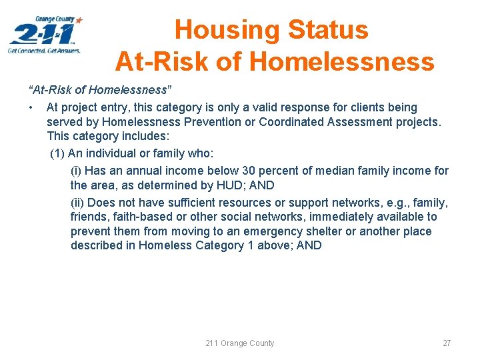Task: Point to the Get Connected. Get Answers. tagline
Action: pos(44,50)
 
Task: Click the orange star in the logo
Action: pos(79,20)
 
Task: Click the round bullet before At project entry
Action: pos(31,108)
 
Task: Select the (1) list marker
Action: pos(57,154)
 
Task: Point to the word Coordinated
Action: pos(290,122)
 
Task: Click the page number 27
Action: pos(447,343)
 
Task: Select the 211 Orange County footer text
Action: pos(240,343)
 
